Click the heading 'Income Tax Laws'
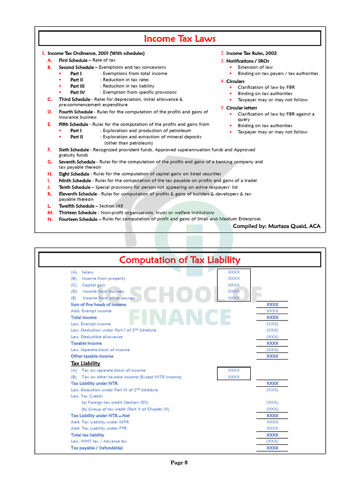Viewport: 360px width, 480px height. (180, 38)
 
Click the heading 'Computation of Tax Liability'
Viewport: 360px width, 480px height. (180, 260)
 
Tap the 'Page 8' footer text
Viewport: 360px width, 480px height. (179, 463)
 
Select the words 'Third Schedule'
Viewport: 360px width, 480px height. (75, 99)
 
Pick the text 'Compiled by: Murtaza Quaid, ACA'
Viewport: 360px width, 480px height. (277, 226)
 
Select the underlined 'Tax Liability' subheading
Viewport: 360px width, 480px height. (85, 363)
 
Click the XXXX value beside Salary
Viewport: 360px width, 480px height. (233, 272)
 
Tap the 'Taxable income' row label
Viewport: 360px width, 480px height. (86, 343)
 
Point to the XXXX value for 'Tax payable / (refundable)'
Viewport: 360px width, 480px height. (272, 448)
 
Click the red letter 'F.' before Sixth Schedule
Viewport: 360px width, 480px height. (49, 150)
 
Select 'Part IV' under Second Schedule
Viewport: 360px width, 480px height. (78, 92)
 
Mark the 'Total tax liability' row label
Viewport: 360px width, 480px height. (87, 435)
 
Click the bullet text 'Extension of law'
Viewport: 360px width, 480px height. (255, 67)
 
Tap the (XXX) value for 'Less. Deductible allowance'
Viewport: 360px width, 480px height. (272, 337)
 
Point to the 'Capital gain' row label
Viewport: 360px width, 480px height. (94, 285)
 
